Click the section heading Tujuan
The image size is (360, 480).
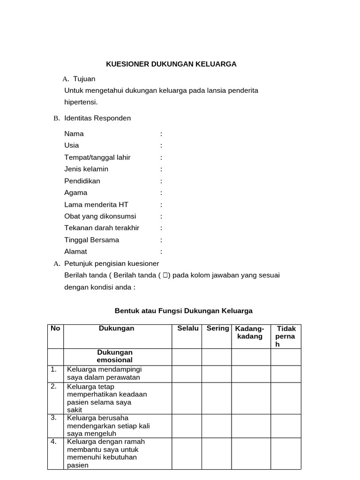(x=84, y=79)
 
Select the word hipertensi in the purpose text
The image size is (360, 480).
(x=81, y=102)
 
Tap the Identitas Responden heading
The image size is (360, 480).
(x=97, y=118)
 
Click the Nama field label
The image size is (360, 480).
(x=74, y=134)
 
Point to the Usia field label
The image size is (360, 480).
(x=72, y=145)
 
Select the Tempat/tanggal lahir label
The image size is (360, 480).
(x=97, y=157)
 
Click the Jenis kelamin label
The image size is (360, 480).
(x=86, y=169)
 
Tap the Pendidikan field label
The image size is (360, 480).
(x=82, y=181)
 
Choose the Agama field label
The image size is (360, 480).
(x=75, y=193)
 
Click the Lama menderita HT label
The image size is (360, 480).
(x=96, y=204)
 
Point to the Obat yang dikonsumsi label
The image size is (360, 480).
(x=100, y=216)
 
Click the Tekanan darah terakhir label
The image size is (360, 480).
(x=102, y=228)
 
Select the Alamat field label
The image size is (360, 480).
(x=75, y=251)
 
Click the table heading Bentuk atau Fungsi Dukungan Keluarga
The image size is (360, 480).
(x=184, y=311)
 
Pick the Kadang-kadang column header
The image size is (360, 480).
(x=250, y=332)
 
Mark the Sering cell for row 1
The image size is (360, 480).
(x=217, y=374)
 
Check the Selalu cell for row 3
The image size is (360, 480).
(x=187, y=425)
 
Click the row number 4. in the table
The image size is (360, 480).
(x=54, y=442)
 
